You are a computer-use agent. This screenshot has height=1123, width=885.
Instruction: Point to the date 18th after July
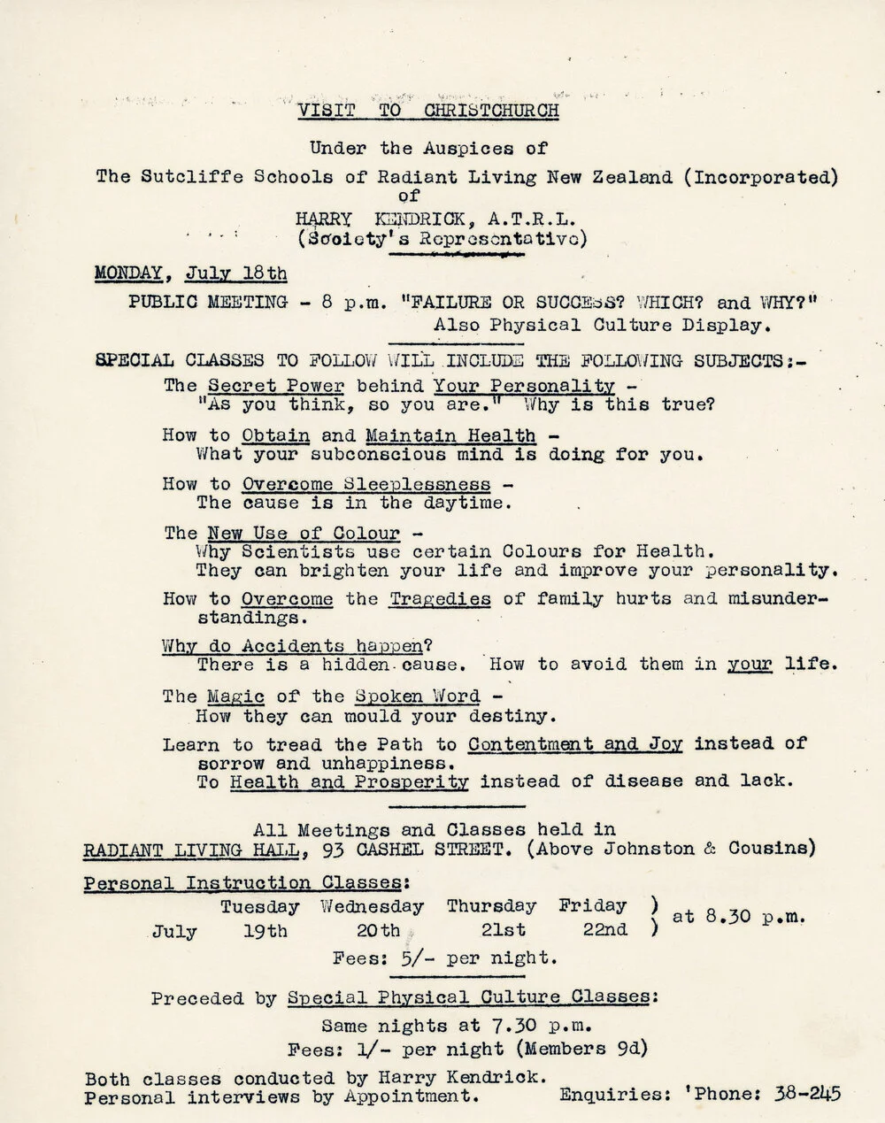pyautogui.click(x=265, y=273)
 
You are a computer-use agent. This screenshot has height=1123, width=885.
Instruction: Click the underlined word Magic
pyautogui.click(x=235, y=696)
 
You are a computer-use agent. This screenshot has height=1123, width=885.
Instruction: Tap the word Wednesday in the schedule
pyautogui.click(x=372, y=906)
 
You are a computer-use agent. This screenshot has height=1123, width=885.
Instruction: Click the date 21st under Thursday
pyautogui.click(x=504, y=930)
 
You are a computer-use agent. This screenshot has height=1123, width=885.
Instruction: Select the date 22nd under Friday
pyautogui.click(x=605, y=929)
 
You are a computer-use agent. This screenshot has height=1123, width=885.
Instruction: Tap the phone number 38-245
pyautogui.click(x=806, y=1094)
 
